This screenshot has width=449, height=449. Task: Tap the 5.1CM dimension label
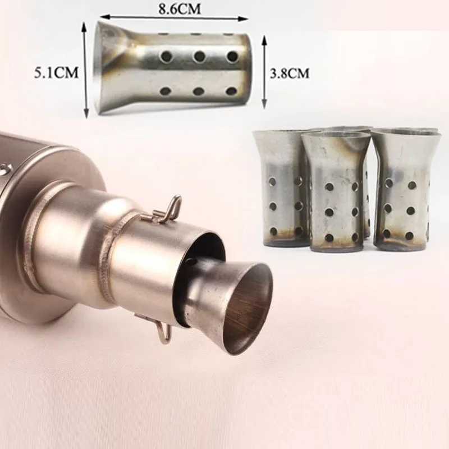click(56, 73)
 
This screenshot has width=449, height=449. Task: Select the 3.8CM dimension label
click(290, 74)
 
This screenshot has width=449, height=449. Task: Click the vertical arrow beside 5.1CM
click(85, 70)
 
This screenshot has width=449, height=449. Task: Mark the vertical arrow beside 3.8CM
click(264, 72)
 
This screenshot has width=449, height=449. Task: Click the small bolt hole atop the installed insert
click(190, 262)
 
